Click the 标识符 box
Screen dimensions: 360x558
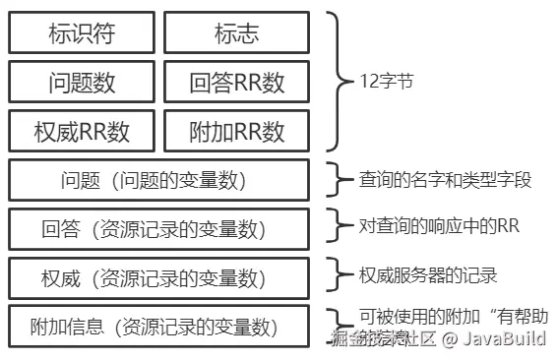82,33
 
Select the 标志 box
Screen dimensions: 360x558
236,33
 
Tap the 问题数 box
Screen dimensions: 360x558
82,82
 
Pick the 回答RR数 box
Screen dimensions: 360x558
236,82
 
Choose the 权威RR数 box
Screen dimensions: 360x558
82,129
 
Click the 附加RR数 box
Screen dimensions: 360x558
236,129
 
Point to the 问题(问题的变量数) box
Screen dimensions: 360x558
159,180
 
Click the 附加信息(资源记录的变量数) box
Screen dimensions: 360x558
159,326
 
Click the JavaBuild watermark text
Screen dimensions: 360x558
503,340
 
